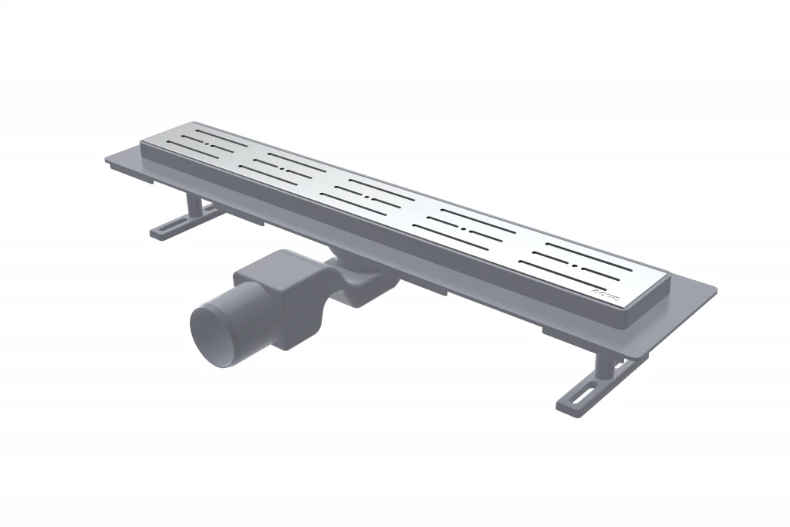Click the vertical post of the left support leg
194,206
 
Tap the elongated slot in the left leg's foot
173,225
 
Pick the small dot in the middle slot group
372,198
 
